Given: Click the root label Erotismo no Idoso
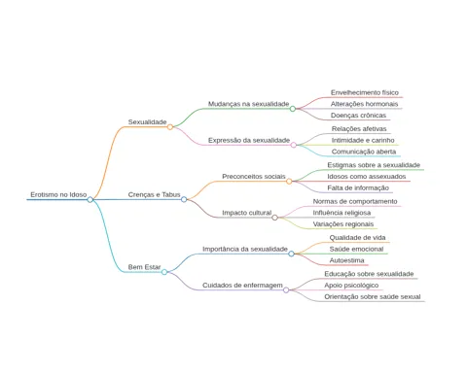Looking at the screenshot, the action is tap(58, 194).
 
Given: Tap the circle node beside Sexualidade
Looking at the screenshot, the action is tap(170, 127).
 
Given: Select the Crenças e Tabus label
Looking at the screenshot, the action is tap(154, 194).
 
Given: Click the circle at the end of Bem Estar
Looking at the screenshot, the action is tap(164, 272).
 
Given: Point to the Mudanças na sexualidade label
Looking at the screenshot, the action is tap(248, 104).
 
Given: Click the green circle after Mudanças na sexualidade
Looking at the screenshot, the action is tap(293, 109).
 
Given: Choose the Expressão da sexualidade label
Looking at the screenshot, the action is tap(249, 140).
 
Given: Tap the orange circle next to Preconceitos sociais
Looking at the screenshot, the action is tap(289, 182).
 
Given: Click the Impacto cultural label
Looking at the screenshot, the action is tap(247, 213).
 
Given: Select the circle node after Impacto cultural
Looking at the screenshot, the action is tap(274, 218).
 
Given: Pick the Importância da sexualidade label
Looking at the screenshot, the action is tap(245, 249).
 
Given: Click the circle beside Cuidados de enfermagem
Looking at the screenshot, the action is tap(286, 290).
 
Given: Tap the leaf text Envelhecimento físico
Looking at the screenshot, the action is tap(365, 92).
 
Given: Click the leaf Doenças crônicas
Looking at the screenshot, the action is tap(358, 116).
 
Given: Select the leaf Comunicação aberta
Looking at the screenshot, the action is tap(364, 152).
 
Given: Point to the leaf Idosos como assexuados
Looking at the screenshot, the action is tap(367, 177).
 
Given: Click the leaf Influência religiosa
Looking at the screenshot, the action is tap(341, 213).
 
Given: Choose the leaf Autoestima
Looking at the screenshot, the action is tap(346, 260).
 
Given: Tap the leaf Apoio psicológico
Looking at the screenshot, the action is tap(351, 286).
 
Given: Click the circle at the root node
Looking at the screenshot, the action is tap(90, 199).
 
